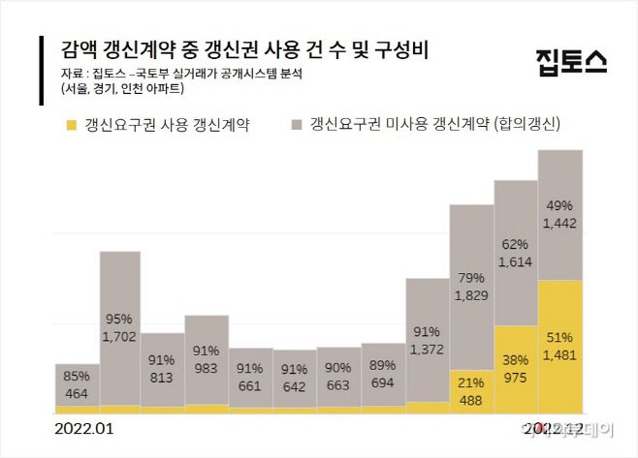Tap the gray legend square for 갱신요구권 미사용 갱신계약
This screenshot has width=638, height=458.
[x=295, y=125]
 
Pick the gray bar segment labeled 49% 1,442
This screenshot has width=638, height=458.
[x=560, y=214]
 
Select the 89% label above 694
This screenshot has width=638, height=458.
[x=383, y=366]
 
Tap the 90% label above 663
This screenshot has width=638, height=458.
[x=338, y=367]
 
